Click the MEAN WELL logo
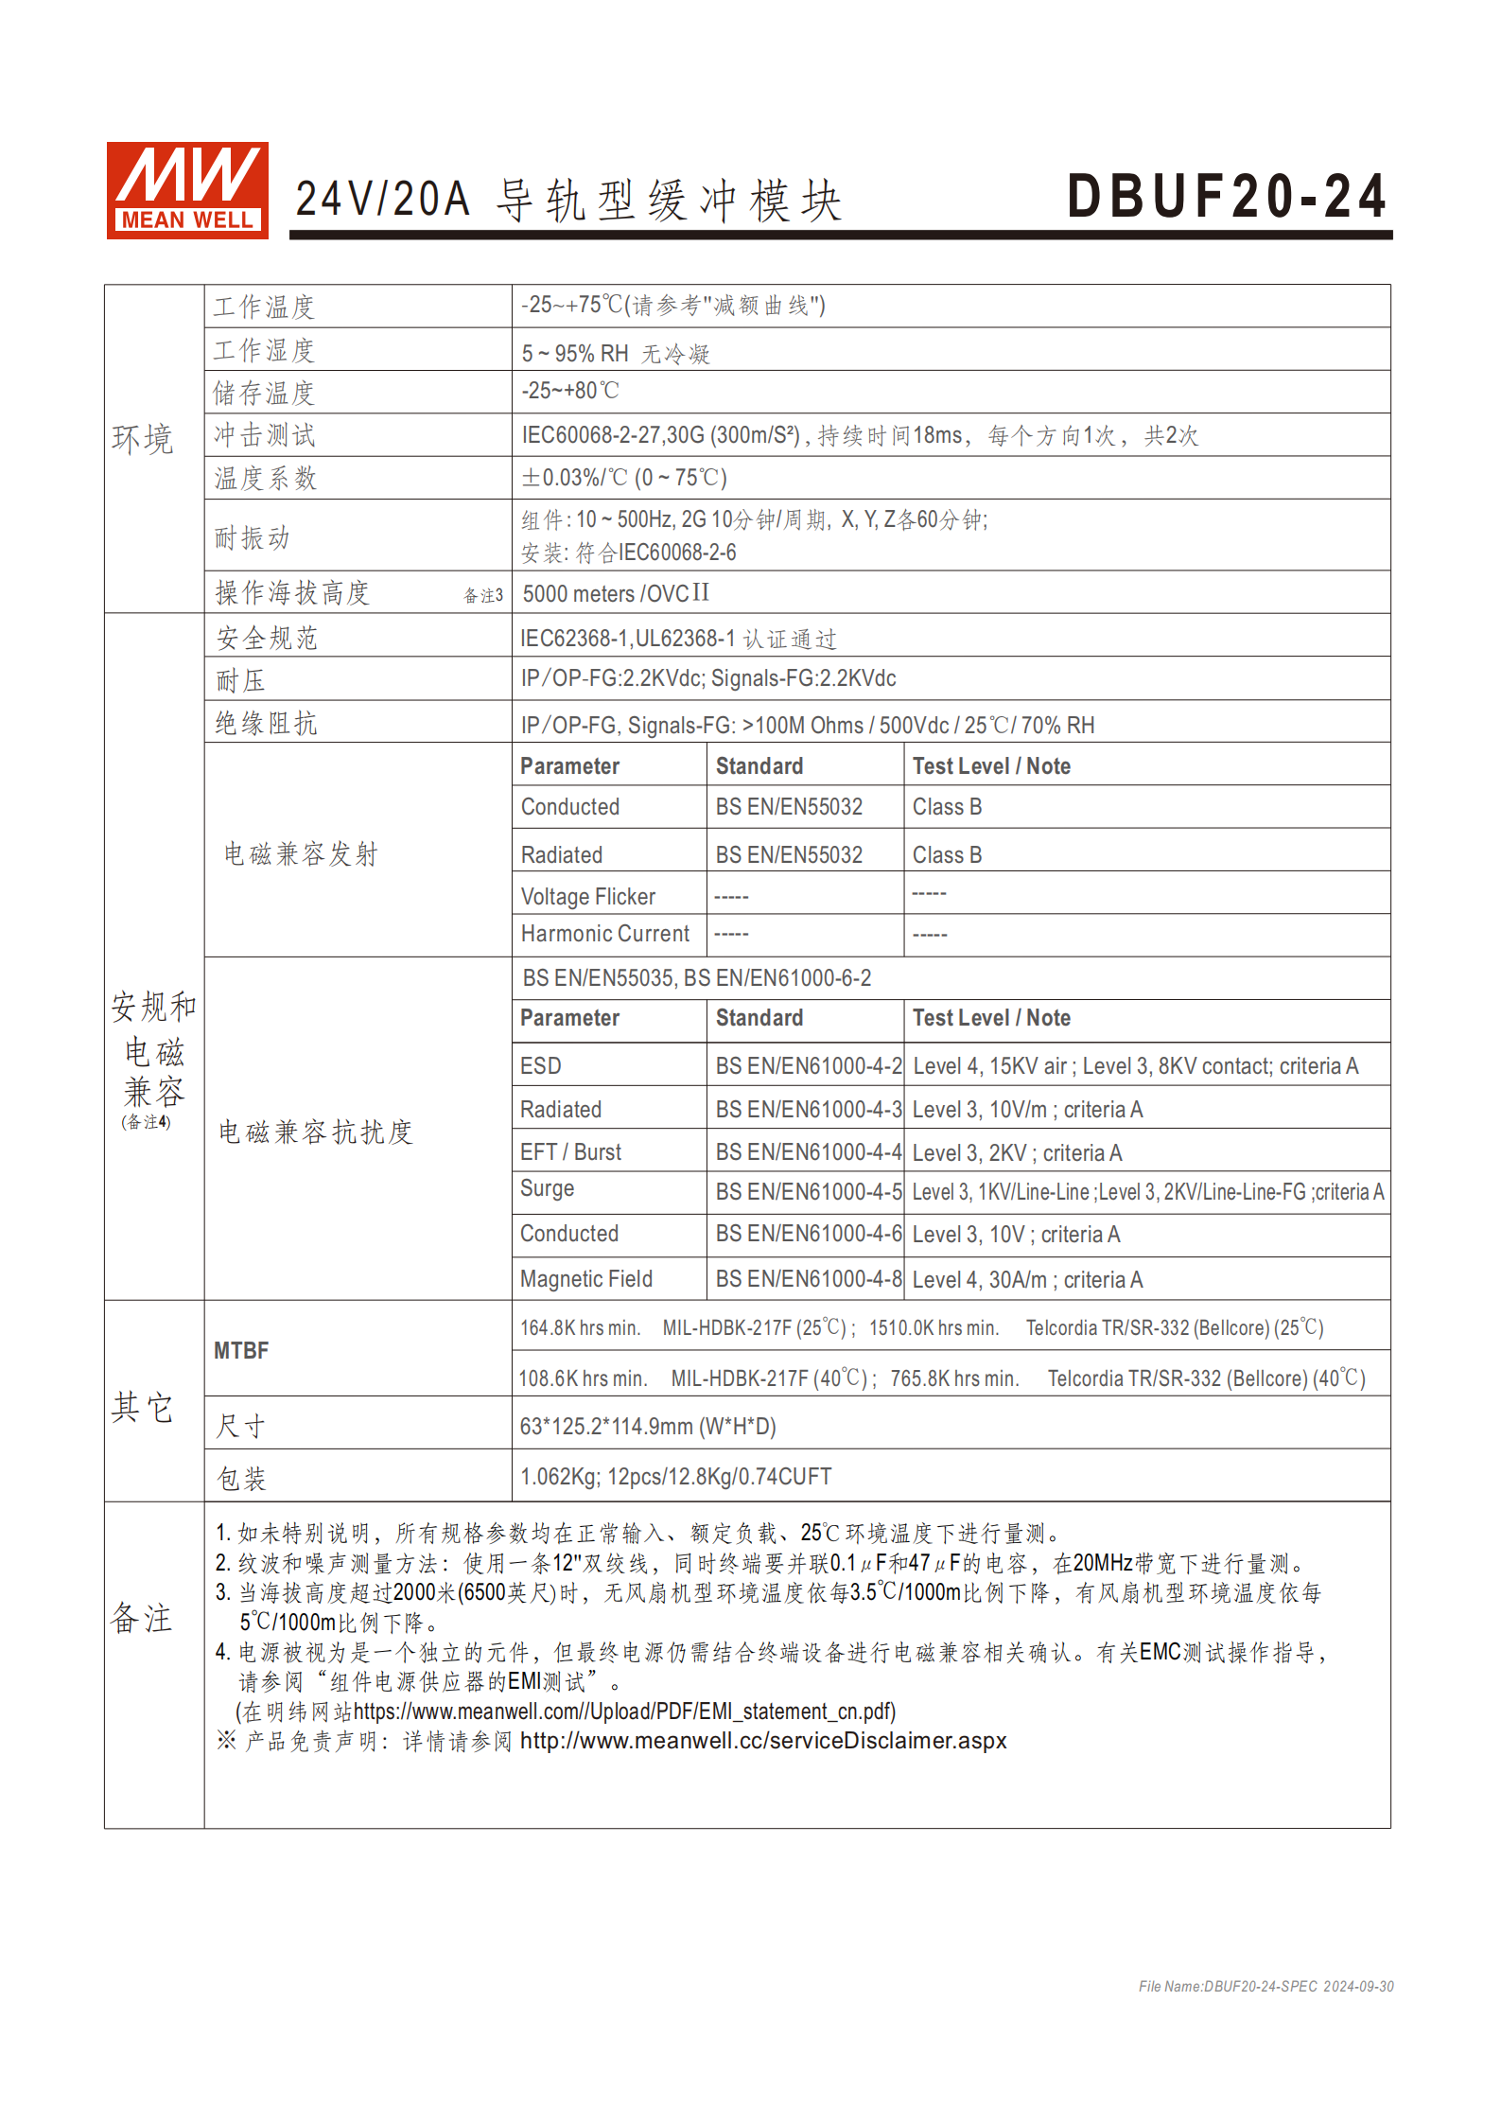pyautogui.click(x=187, y=190)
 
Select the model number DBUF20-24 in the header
pyautogui.click(x=1226, y=197)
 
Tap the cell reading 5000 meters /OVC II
pyautogui.click(x=616, y=593)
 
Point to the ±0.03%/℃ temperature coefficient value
pyautogui.click(x=624, y=478)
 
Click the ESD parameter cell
pyautogui.click(x=541, y=1066)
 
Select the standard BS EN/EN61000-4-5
pyautogui.click(x=808, y=1192)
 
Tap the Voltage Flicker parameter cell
pyautogui.click(x=587, y=896)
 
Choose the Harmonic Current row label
pyautogui.click(x=605, y=934)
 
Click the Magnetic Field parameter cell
pyautogui.click(x=586, y=1279)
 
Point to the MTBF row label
pyautogui.click(x=241, y=1350)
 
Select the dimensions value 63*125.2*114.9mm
pyautogui.click(x=648, y=1426)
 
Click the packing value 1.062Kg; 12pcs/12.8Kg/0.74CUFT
pyautogui.click(x=675, y=1477)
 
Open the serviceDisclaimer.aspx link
pyautogui.click(x=763, y=1741)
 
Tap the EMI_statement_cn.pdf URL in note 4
pyautogui.click(x=624, y=1711)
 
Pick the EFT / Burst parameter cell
pyautogui.click(x=570, y=1152)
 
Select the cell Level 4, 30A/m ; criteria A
pyautogui.click(x=1027, y=1280)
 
